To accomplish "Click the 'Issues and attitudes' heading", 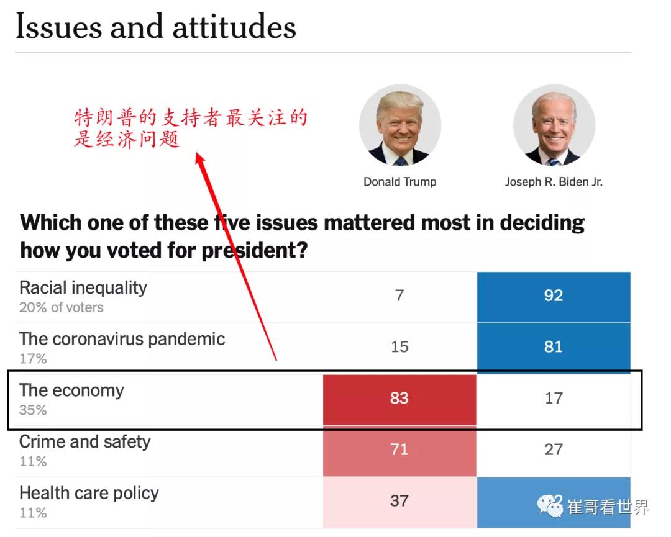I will [x=155, y=27].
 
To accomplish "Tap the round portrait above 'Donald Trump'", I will [x=400, y=126].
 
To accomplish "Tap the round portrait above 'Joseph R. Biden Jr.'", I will [x=554, y=126].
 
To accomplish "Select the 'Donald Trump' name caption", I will [x=400, y=182].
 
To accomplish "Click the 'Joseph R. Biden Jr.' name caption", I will [x=554, y=182].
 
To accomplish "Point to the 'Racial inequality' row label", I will [x=83, y=287].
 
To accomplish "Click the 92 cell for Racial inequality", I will [x=554, y=296].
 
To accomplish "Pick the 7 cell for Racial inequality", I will [x=399, y=296].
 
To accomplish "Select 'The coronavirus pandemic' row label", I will [x=122, y=339].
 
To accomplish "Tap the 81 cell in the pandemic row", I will [x=554, y=346].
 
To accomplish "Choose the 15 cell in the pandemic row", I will [x=399, y=346].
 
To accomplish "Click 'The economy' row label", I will [x=71, y=390].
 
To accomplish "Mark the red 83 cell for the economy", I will [x=399, y=398].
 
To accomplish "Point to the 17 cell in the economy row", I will [x=554, y=398].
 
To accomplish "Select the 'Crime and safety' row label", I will [x=85, y=442].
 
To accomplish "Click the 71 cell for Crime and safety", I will [x=399, y=449].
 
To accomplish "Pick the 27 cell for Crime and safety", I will [x=554, y=449].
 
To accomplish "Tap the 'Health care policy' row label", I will [x=89, y=493].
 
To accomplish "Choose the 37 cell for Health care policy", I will [x=399, y=500].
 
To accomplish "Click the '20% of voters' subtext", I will [x=62, y=307].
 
